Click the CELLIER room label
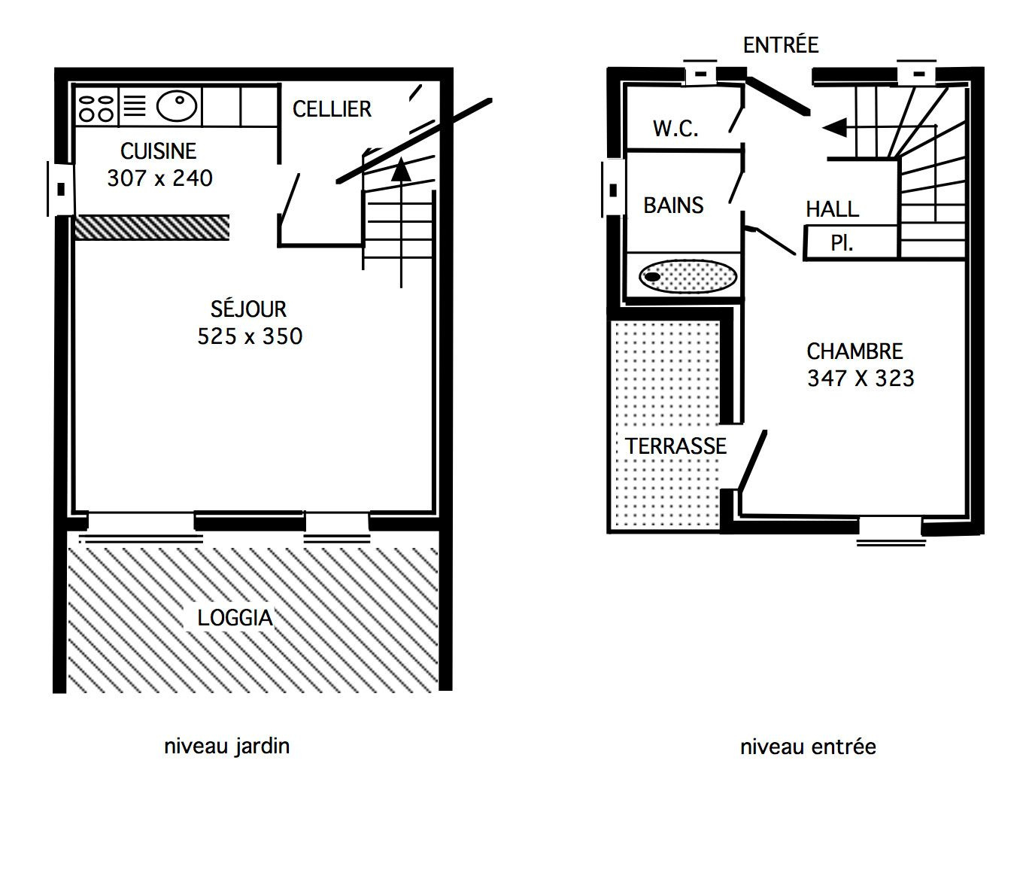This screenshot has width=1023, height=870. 332,109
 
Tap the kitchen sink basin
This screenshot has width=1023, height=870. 177,106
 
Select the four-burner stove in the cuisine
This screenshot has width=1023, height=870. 96,108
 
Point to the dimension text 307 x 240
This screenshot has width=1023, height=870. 160,178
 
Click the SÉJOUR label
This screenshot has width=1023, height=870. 248,309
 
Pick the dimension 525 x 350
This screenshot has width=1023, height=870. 250,336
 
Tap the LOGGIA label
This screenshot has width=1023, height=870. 235,618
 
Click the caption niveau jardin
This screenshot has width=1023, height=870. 226,747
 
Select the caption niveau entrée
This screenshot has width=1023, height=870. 808,747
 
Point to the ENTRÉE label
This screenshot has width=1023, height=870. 781,45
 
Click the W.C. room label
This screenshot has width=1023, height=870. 675,129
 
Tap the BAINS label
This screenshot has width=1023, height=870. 673,205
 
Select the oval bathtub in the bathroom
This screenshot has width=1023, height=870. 688,276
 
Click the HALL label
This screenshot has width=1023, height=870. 833,209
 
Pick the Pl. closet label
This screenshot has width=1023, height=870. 842,243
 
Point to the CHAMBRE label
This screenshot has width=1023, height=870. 855,351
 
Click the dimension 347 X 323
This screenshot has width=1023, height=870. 861,379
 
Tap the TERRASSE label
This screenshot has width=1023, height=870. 675,446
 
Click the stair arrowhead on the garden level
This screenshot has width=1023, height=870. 401,169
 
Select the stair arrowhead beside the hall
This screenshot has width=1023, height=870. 834,128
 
